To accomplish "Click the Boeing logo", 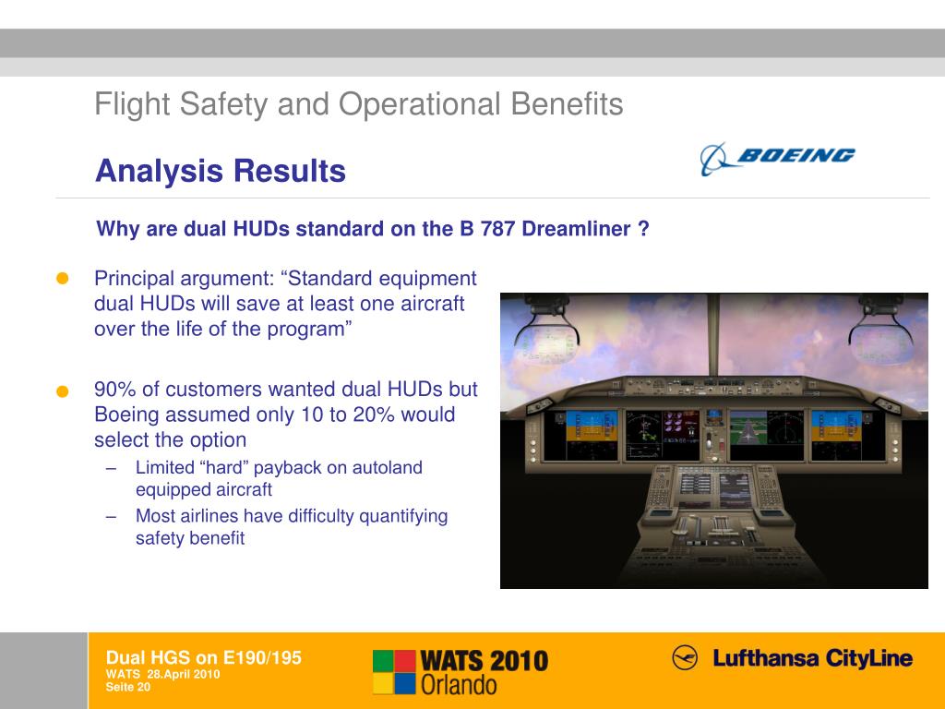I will [777, 158].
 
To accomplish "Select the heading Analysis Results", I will [221, 171].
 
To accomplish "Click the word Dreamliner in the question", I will [577, 229].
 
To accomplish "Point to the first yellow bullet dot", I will [63, 279].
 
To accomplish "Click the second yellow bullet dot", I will [63, 391].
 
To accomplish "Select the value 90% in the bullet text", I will [114, 390].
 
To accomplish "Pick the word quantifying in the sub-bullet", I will [403, 516].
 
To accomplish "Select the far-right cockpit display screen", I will [834, 434].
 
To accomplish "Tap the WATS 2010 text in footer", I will [484, 661].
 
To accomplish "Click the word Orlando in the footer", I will [459, 684].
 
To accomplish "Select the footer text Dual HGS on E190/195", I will [204, 657].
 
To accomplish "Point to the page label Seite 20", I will [128, 686].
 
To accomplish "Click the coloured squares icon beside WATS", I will [394, 671].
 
